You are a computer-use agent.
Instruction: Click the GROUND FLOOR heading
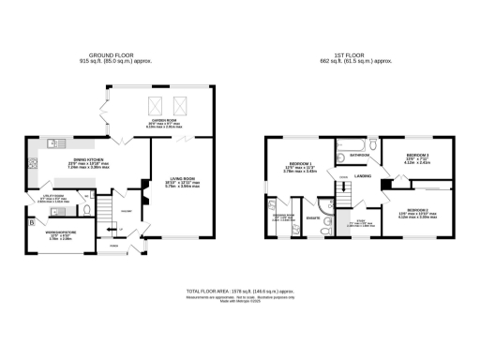(120, 55)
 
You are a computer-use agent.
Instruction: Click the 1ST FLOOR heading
(354, 55)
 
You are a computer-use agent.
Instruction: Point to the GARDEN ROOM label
(164, 123)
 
